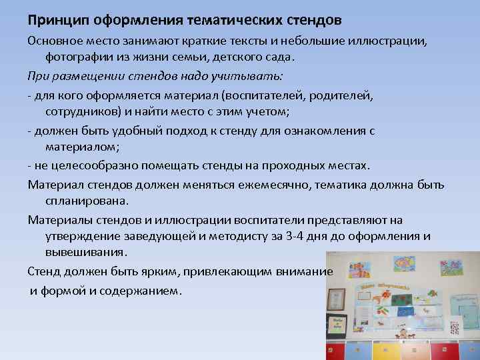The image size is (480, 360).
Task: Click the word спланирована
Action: [86, 200]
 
